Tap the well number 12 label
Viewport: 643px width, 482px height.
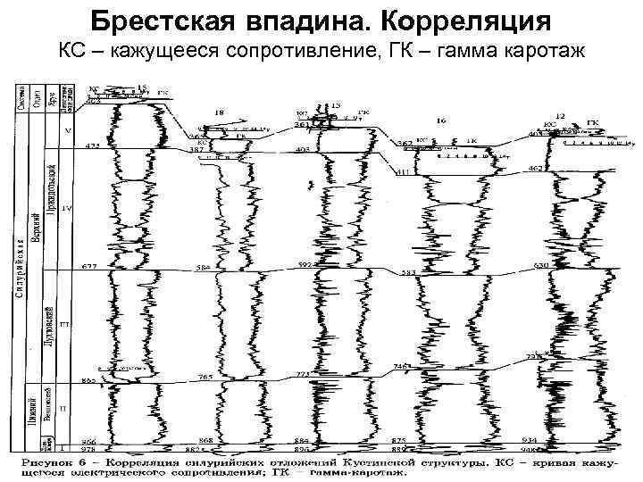point(560,117)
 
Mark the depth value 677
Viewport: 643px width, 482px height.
point(89,267)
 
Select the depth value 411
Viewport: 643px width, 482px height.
point(402,170)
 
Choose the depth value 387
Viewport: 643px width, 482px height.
point(197,150)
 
